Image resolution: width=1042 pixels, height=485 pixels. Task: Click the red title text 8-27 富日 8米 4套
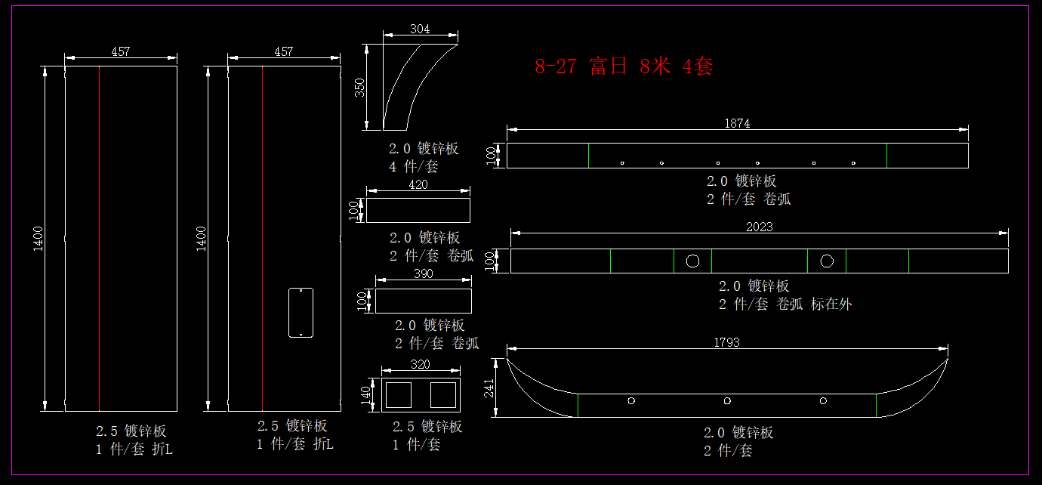(x=624, y=66)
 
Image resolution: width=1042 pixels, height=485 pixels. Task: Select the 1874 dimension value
(x=737, y=124)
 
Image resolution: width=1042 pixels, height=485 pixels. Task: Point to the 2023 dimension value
(x=759, y=227)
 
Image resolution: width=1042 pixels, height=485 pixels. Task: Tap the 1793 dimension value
(x=726, y=342)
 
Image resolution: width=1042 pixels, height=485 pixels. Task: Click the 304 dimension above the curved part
(x=420, y=29)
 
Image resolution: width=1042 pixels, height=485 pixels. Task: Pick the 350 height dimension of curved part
(x=360, y=88)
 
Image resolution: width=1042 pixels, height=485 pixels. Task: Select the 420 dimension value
(x=418, y=184)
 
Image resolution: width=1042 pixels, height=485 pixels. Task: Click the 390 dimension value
(x=424, y=274)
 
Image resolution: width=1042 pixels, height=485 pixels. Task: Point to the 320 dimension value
(x=420, y=364)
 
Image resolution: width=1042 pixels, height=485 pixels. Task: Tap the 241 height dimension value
(x=489, y=388)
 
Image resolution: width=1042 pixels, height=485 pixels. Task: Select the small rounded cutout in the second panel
(x=301, y=312)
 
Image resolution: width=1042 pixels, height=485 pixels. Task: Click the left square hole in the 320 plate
(x=398, y=394)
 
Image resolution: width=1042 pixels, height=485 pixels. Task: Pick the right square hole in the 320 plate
(x=443, y=394)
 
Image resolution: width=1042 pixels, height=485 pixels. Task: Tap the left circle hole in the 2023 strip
(x=692, y=261)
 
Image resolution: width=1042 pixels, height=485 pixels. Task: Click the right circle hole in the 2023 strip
(x=827, y=261)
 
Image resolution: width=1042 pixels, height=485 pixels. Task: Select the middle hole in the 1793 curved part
(x=727, y=401)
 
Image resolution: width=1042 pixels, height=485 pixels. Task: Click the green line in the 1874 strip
(x=886, y=155)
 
